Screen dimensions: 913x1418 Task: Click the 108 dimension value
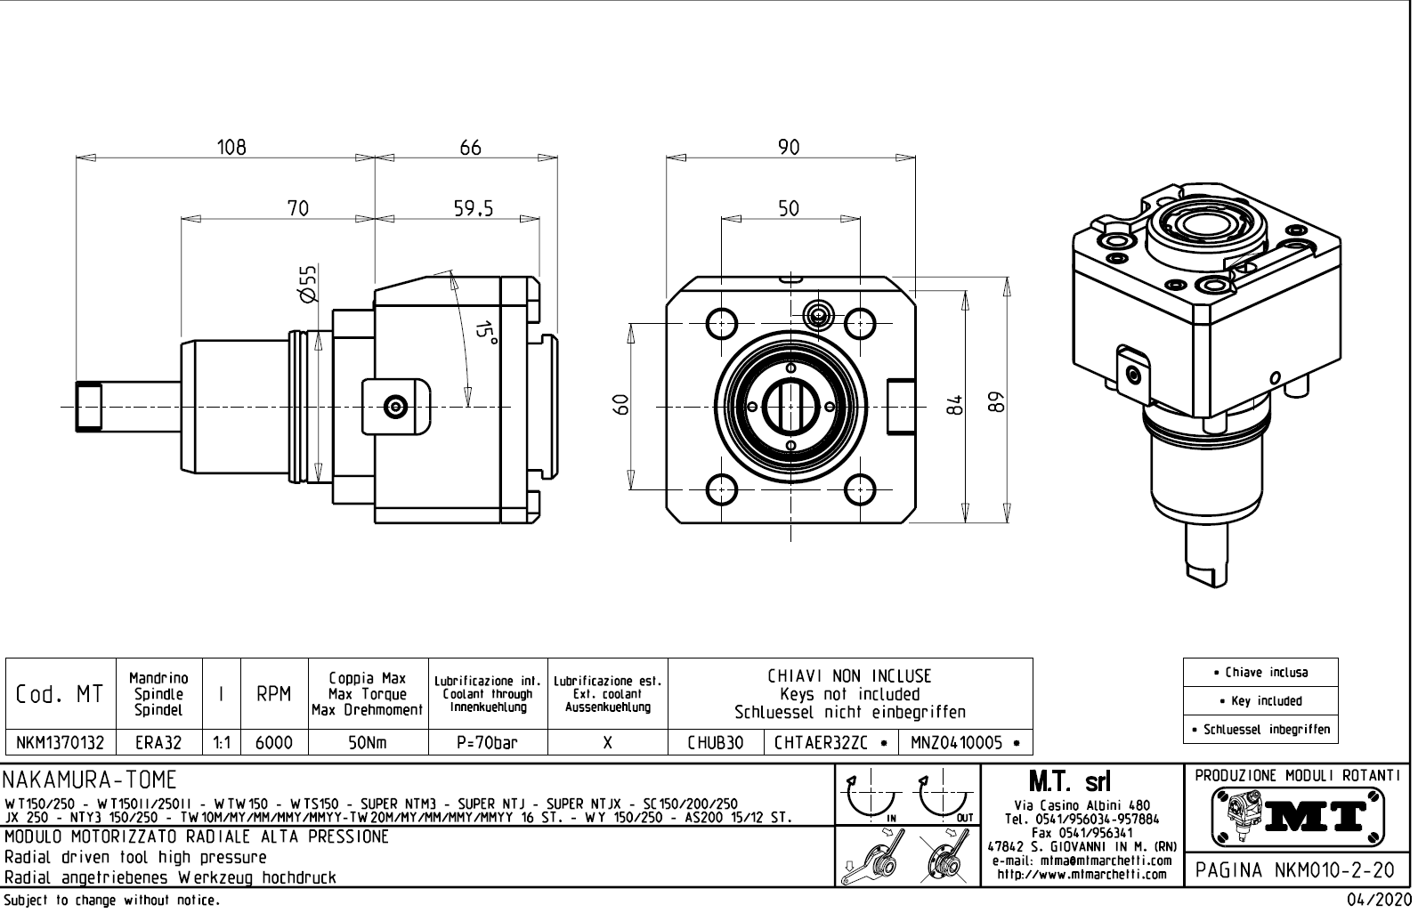point(232,147)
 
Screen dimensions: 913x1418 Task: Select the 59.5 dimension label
point(472,208)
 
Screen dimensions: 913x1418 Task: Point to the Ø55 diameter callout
point(308,283)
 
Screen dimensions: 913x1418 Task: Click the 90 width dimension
point(789,147)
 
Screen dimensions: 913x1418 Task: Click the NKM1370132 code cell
point(61,742)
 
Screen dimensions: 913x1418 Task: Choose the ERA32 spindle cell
point(158,742)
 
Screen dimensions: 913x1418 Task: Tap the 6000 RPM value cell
point(274,742)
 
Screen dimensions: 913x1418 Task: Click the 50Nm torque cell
point(367,742)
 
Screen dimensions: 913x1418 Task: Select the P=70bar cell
point(487,742)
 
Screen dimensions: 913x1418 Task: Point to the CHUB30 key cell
point(715,742)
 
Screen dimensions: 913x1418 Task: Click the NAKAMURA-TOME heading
point(91,780)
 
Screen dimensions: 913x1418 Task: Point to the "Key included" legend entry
point(1260,701)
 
